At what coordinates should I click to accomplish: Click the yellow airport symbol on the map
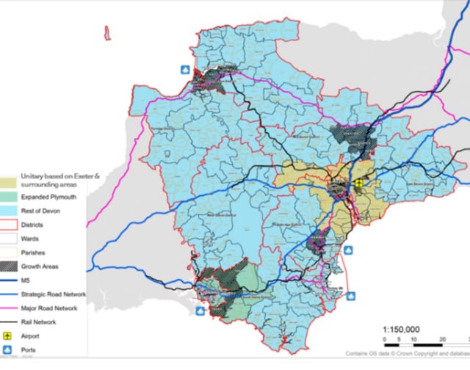(358, 184)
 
